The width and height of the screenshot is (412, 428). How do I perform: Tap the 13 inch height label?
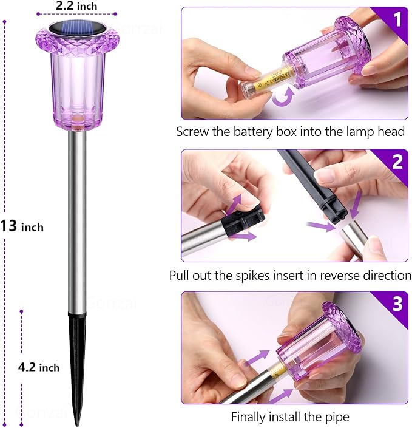(22, 226)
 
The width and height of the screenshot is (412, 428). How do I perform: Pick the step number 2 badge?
(397, 162)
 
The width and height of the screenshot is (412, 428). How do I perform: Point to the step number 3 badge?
(397, 304)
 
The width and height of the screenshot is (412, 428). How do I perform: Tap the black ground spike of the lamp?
(77, 358)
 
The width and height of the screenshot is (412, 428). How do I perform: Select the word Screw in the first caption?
(191, 131)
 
